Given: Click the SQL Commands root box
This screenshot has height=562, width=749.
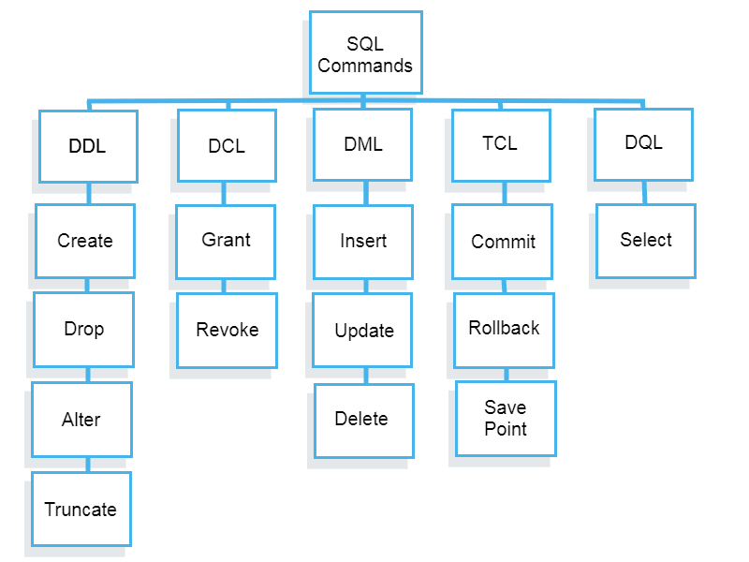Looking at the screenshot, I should pyautogui.click(x=365, y=53).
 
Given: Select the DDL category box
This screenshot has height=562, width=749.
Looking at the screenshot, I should pyautogui.click(x=88, y=146).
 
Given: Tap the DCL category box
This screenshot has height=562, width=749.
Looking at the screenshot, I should pyautogui.click(x=227, y=145).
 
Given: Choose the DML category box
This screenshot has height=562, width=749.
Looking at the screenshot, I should pyautogui.click(x=363, y=144).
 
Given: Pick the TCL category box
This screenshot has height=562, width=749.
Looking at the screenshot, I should pyautogui.click(x=501, y=144).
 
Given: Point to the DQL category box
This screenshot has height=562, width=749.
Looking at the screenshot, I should pyautogui.click(x=643, y=143).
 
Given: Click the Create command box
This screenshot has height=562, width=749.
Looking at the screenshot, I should pyautogui.click(x=85, y=241).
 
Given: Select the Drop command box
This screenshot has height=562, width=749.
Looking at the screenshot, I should pyautogui.click(x=83, y=329).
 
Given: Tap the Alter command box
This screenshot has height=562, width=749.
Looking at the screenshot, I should pyautogui.click(x=81, y=419).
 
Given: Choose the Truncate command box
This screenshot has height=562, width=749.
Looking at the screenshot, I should pyautogui.click(x=81, y=509).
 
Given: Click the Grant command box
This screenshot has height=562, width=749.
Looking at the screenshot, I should pyautogui.click(x=226, y=241).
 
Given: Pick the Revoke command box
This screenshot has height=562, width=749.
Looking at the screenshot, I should pyautogui.click(x=228, y=330).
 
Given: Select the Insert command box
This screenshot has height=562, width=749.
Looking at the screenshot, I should pyautogui.click(x=363, y=241).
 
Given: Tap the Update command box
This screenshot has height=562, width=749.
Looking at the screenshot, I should pyautogui.click(x=363, y=330).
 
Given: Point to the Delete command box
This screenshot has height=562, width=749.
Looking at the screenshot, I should pyautogui.click(x=363, y=420).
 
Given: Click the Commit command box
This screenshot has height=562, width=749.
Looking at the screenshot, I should pyautogui.click(x=503, y=241).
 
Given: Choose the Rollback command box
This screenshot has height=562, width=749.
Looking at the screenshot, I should pyautogui.click(x=504, y=330).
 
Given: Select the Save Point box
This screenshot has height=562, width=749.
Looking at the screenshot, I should pyautogui.click(x=506, y=418).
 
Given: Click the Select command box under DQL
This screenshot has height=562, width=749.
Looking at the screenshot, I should pyautogui.click(x=645, y=241).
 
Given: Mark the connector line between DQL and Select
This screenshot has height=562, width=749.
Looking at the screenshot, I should pyautogui.click(x=644, y=192).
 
